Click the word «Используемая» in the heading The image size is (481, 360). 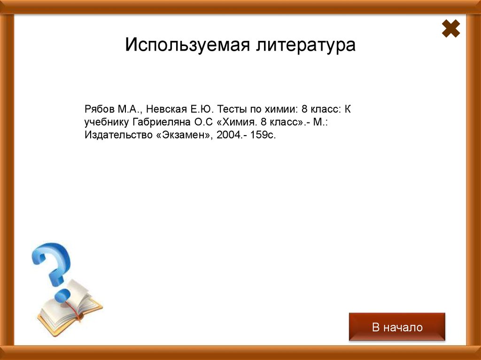187,46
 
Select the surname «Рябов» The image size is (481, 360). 99,110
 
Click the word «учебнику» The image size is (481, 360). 106,123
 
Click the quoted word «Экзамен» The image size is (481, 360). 181,136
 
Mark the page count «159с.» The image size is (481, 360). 264,136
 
